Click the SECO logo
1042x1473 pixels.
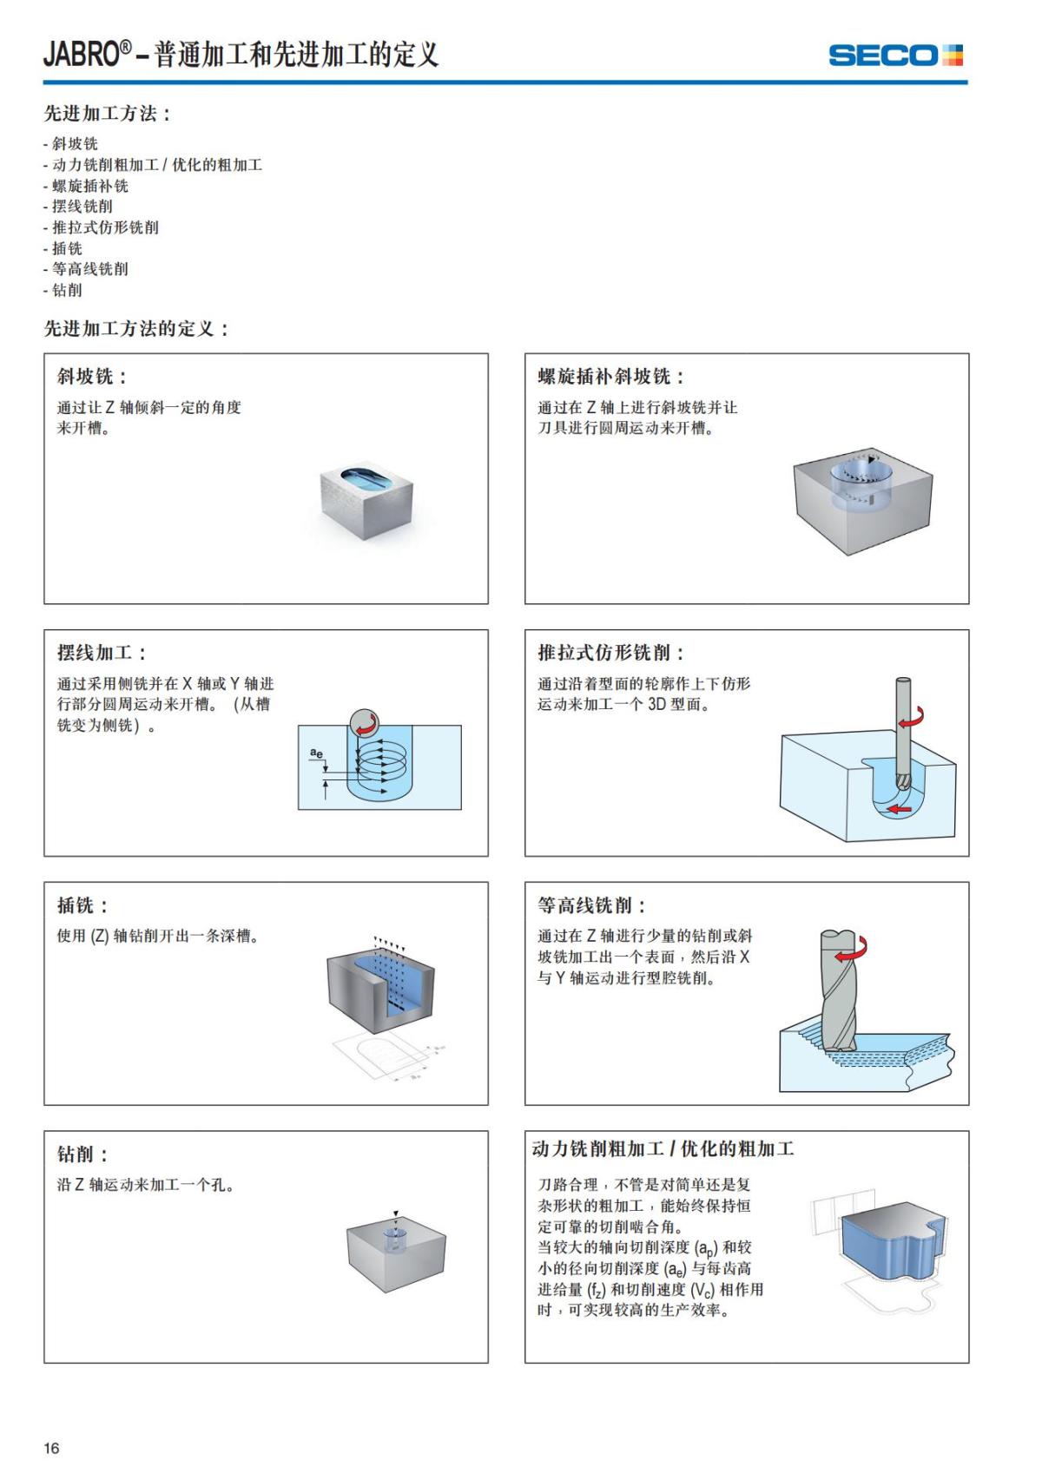895,56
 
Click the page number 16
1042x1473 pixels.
52,1447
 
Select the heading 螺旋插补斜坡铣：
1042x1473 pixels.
611,377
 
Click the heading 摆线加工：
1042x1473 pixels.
102,653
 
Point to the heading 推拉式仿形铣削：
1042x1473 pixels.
611,653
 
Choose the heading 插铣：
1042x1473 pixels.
83,905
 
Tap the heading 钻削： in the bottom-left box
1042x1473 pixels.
83,1154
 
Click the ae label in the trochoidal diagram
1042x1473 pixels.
317,753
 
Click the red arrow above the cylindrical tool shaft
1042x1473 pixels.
911,720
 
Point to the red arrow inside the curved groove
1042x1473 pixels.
900,809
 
